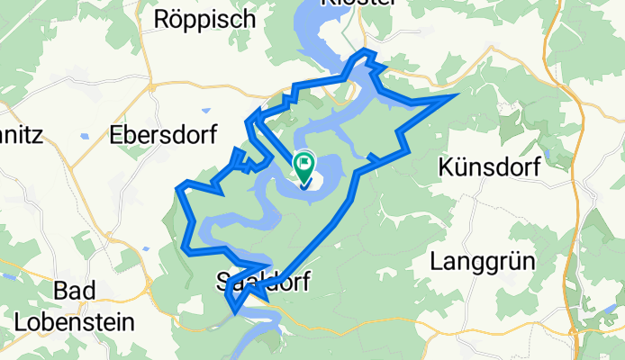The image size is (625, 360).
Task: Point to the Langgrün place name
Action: [x=483, y=262]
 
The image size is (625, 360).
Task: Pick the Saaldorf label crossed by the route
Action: [x=263, y=282]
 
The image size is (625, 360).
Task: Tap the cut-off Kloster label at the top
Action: [x=358, y=4]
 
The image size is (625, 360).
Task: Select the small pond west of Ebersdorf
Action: [x=82, y=137]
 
